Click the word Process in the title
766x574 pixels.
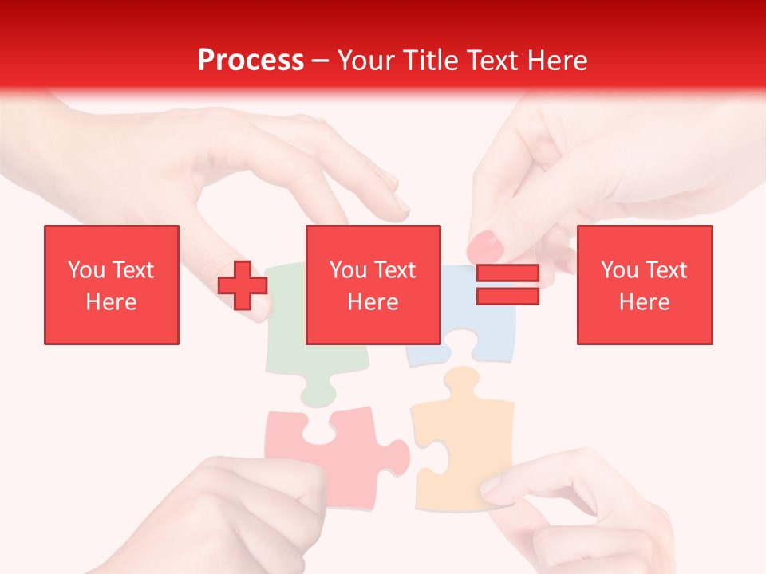[251, 61]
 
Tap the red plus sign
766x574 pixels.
[243, 285]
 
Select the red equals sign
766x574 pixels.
[507, 285]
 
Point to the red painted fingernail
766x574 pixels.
[483, 246]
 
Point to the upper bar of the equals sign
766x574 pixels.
[507, 273]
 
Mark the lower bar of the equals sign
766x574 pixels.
[507, 296]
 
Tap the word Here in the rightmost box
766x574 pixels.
[645, 302]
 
